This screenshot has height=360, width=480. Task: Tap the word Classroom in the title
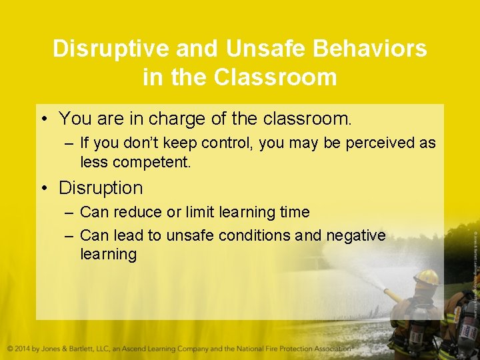coord(275,77)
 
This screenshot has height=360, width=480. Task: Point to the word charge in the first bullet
coord(175,119)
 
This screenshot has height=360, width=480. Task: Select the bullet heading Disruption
coord(101,188)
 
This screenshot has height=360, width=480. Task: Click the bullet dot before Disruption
coord(44,189)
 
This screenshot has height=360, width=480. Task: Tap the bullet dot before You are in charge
coord(44,119)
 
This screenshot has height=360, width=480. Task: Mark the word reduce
coord(137,212)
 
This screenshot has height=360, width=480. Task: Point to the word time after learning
coord(295,212)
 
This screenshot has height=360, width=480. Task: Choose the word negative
coord(356,235)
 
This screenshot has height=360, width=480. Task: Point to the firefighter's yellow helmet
coord(426,277)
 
